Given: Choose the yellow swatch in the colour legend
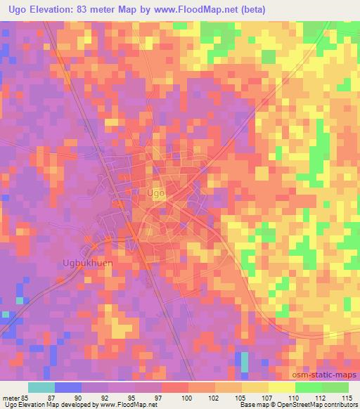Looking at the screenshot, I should click(x=281, y=387).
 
